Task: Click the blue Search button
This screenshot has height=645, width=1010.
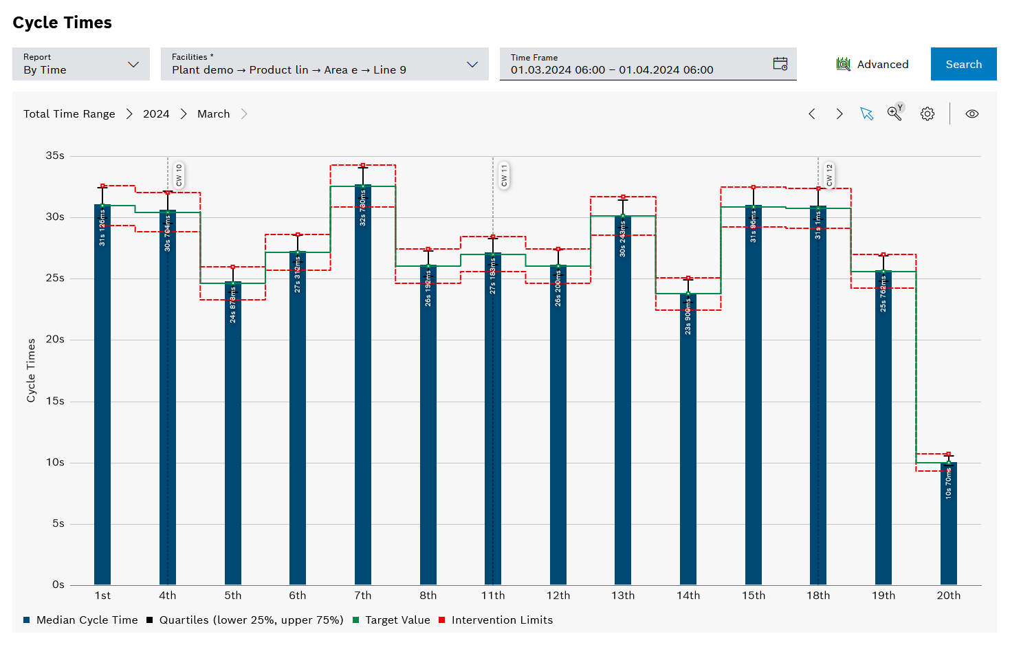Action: click(963, 64)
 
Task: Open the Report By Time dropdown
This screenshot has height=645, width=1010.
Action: click(81, 64)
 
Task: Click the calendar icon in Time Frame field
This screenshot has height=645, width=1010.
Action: click(780, 64)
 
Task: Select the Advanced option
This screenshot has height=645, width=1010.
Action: click(872, 64)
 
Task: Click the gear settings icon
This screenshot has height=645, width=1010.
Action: click(927, 114)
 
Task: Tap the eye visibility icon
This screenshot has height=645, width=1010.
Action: click(971, 114)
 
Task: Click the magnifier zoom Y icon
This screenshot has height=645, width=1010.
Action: click(894, 113)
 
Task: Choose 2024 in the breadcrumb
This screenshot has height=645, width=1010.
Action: click(156, 114)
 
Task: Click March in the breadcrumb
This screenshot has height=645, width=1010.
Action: click(213, 114)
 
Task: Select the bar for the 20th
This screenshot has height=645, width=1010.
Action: click(948, 529)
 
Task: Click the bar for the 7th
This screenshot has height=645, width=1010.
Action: click(363, 413)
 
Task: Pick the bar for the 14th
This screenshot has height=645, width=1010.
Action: click(688, 447)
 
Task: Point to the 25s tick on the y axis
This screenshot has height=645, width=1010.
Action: click(55, 278)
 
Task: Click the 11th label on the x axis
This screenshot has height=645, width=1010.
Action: click(493, 595)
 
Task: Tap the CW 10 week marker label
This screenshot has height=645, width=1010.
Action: click(179, 175)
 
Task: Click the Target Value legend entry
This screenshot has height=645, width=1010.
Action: click(397, 620)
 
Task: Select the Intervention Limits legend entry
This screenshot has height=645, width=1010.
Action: click(501, 620)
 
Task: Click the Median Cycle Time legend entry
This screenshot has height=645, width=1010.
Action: click(87, 620)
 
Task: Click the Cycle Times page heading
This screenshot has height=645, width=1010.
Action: click(63, 23)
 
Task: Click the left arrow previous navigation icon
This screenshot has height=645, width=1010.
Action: click(812, 114)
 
